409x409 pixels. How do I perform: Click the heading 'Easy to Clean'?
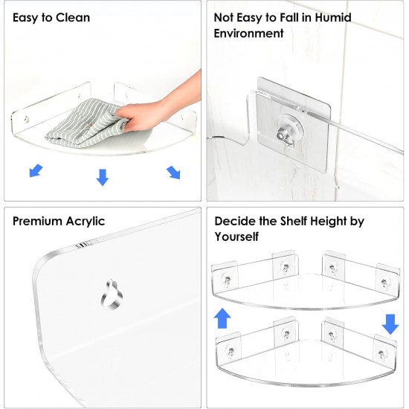click(x=51, y=17)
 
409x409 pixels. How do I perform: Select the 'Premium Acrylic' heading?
click(x=59, y=221)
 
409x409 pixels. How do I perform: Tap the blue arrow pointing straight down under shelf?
click(x=103, y=177)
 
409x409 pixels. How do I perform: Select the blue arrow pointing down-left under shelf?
click(x=35, y=172)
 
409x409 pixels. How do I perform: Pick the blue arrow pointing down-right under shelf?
click(x=173, y=173)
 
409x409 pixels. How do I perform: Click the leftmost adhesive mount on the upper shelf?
click(x=227, y=276)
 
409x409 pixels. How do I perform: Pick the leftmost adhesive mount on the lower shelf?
click(x=228, y=344)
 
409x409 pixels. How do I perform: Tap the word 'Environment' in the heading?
click(x=248, y=33)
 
